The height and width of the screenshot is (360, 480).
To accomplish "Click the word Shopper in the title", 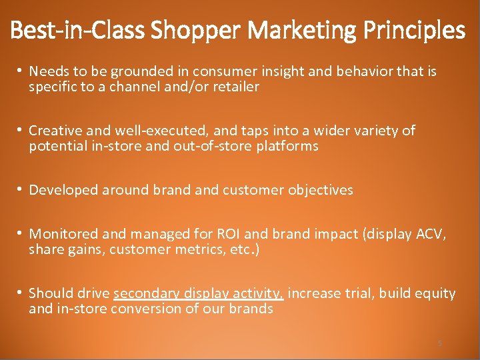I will point(191,31).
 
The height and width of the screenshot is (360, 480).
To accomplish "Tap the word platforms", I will point(289,146).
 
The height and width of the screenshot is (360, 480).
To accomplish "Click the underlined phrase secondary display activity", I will point(199,293).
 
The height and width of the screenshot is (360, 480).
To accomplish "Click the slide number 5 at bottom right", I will point(439,343).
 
